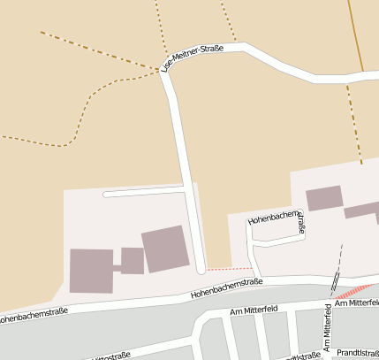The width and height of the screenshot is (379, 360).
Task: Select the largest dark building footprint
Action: point(91,270)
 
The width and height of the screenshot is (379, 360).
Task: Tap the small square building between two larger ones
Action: point(133,261)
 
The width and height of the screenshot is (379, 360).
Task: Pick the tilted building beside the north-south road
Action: point(165,249)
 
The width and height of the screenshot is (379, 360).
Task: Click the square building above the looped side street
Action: point(324,197)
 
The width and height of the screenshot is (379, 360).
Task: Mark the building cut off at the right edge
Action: point(361,211)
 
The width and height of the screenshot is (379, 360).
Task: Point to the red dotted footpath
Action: point(230,268)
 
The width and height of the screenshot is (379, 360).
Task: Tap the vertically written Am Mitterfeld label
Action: point(327,327)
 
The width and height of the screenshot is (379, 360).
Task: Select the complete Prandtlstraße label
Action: point(357,352)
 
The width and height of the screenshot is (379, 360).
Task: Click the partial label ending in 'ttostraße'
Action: point(110,355)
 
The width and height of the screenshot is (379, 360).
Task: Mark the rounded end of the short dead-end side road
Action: point(106,194)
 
